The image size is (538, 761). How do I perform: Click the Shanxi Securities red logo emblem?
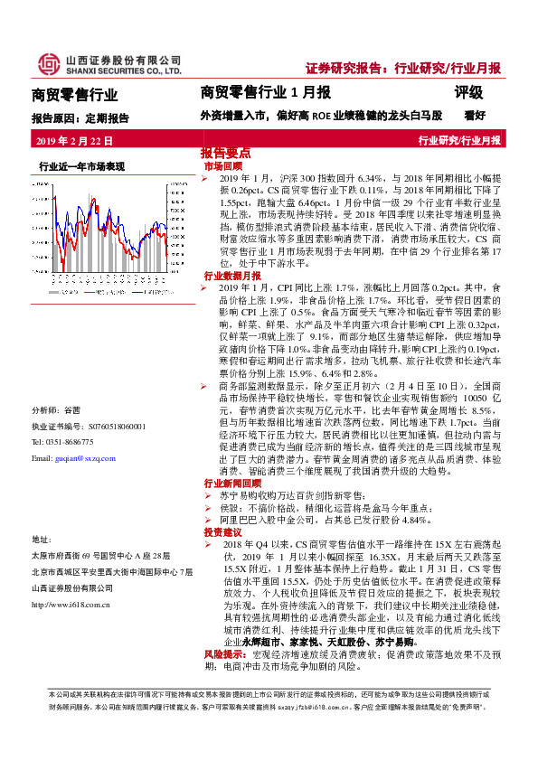46,63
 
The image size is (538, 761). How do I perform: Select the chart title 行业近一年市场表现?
81,166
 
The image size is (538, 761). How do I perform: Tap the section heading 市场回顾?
222,167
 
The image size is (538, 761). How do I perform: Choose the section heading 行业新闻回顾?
232,484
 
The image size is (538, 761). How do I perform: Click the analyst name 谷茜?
72,407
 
